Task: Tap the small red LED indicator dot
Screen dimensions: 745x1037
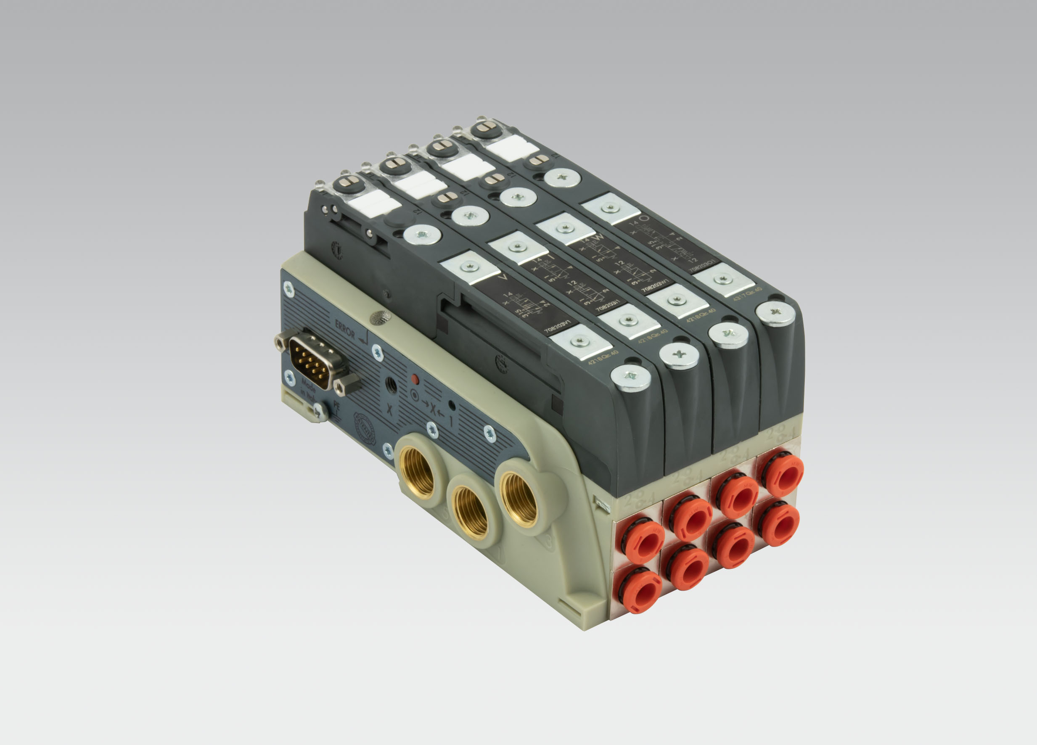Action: click(415, 378)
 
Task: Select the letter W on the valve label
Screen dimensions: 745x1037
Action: click(598, 237)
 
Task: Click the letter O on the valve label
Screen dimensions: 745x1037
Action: click(644, 219)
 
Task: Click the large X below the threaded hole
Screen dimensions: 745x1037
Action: click(389, 409)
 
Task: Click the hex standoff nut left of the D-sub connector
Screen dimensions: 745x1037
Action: click(279, 341)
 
